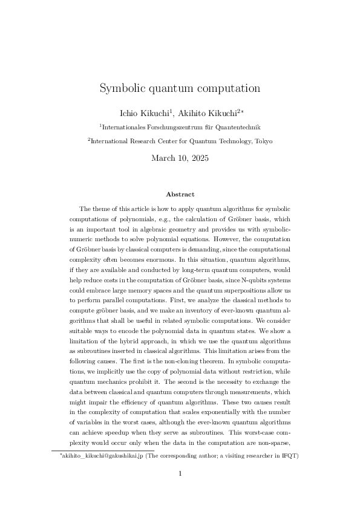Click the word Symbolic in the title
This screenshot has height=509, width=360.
click(x=120, y=88)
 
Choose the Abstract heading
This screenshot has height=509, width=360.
click(x=180, y=194)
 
